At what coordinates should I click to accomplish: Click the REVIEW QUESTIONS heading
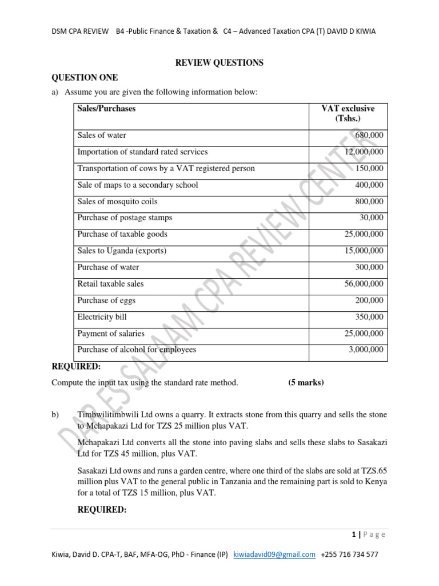(219, 63)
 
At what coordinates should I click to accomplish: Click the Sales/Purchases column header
(106, 108)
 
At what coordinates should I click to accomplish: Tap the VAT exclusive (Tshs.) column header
(348, 113)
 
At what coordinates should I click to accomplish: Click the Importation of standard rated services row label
(142, 152)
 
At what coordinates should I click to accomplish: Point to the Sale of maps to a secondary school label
(138, 185)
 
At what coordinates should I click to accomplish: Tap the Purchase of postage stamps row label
(125, 218)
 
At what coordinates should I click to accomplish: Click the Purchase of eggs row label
(106, 300)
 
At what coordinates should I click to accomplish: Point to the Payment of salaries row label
(111, 334)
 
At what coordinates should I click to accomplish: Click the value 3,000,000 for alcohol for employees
(366, 350)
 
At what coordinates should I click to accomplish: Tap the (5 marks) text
(306, 383)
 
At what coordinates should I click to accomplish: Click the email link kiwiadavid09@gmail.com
(274, 555)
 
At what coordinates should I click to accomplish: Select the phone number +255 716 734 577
(349, 555)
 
